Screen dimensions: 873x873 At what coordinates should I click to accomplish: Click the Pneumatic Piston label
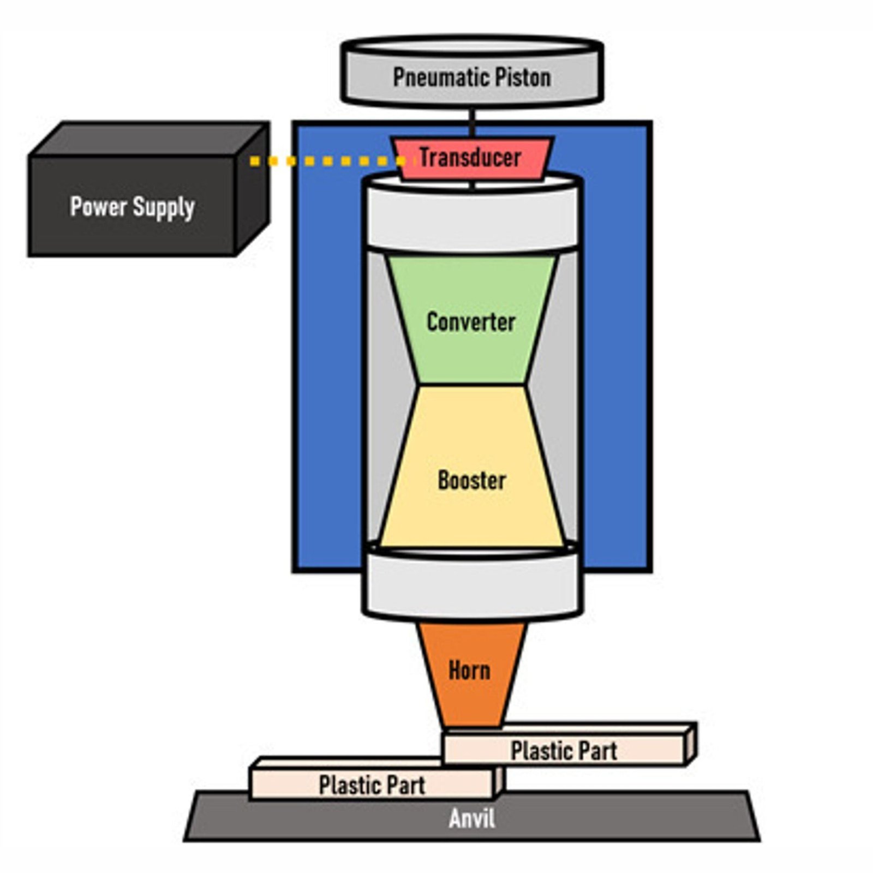(x=472, y=77)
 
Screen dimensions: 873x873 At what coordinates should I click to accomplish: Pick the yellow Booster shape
(x=472, y=480)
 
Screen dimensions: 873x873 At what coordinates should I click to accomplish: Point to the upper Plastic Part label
(x=564, y=751)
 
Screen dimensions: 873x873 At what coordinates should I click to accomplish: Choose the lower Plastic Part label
(x=372, y=785)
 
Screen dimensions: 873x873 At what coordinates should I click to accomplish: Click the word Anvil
(x=472, y=818)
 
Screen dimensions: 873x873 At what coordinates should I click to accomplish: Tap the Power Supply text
(x=132, y=207)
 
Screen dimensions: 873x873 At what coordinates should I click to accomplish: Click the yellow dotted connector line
(x=327, y=161)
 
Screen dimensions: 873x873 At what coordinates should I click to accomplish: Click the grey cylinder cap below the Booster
(x=472, y=587)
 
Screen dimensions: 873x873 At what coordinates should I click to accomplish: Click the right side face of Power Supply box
(x=252, y=191)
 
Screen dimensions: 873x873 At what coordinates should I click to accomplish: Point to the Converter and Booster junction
(x=472, y=385)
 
